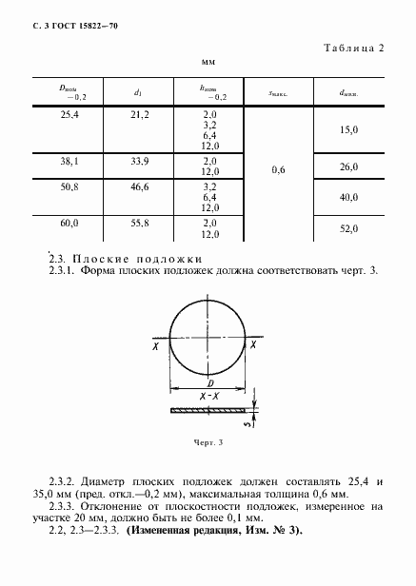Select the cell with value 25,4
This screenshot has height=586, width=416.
tap(69, 114)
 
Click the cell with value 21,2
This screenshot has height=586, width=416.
tap(139, 114)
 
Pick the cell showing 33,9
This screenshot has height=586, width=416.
tap(139, 161)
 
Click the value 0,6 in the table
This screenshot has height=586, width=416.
tap(278, 169)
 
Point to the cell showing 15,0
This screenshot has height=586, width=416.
tap(348, 129)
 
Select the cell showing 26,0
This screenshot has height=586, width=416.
tap(348, 166)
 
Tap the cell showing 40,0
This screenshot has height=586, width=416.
tap(348, 197)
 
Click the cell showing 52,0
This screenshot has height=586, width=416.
tap(348, 229)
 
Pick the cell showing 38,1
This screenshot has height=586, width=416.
tap(69, 161)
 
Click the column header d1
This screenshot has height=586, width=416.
tap(139, 92)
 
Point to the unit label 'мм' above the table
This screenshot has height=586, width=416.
tap(208, 62)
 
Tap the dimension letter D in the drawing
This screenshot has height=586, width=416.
tap(208, 380)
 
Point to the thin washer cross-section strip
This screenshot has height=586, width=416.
tap(208, 410)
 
